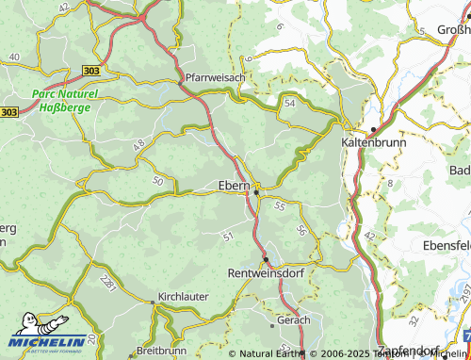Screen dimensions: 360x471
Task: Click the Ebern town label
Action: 233,185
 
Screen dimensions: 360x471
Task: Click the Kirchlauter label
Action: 183,295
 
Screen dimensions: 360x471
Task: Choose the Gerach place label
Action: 294,320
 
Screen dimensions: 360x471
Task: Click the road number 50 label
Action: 156,179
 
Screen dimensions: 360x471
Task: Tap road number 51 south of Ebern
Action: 226,236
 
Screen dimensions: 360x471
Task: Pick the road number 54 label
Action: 289,101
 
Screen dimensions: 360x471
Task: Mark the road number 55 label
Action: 280,205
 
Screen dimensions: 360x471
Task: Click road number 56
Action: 301,231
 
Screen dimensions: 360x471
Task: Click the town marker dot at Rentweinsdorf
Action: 266,259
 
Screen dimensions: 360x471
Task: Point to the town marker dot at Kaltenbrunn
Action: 374,128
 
